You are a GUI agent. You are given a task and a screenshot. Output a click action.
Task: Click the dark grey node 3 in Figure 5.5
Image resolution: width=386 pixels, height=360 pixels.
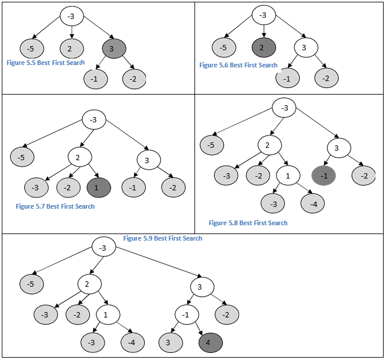click(113, 48)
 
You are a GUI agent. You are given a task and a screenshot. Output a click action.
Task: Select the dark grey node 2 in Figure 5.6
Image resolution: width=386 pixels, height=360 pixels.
click(264, 48)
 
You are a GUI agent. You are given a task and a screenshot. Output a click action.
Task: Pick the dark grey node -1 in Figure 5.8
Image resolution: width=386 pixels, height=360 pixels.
click(323, 175)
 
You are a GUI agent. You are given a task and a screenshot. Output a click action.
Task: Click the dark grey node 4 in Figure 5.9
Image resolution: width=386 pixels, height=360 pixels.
click(210, 342)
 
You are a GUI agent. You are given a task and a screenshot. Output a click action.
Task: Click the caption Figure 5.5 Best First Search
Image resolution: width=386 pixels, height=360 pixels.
click(46, 62)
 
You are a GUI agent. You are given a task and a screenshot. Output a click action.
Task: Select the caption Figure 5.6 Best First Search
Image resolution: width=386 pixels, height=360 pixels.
click(238, 65)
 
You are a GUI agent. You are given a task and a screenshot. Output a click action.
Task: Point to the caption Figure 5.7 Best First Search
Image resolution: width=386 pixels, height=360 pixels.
click(55, 206)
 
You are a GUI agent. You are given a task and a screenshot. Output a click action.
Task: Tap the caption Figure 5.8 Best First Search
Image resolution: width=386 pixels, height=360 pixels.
click(248, 223)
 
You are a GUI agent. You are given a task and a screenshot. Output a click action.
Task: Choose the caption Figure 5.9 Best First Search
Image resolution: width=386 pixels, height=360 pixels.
click(163, 238)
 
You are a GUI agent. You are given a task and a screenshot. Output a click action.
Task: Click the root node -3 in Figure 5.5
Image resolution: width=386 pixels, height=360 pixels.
click(72, 15)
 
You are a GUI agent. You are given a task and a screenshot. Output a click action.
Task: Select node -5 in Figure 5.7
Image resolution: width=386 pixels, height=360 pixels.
click(22, 157)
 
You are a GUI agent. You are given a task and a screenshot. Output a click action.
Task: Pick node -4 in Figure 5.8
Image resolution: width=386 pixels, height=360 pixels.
click(313, 204)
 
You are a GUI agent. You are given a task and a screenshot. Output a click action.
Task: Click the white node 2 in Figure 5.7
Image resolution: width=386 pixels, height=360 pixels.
click(79, 157)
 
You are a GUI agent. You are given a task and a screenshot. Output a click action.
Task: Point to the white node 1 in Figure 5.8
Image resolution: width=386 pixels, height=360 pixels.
click(288, 176)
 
